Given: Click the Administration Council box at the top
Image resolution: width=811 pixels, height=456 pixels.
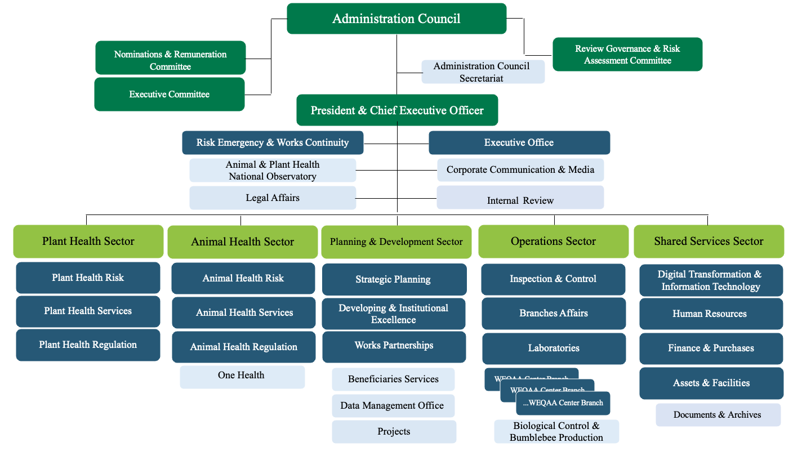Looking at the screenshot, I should point(396,19).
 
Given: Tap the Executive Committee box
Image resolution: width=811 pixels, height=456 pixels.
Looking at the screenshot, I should point(169,94).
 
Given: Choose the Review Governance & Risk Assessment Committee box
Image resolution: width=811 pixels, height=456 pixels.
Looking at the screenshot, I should point(627,55).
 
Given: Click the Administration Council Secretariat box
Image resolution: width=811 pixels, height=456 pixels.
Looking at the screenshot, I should point(483,72).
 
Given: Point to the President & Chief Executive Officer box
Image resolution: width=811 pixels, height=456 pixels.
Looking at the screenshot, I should point(397,110).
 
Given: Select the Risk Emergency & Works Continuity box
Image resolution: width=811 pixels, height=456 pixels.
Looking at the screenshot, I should point(273,142).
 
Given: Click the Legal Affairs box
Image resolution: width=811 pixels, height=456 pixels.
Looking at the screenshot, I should point(273,198).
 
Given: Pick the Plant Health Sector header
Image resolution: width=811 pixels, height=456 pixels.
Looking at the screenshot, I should point(88,242).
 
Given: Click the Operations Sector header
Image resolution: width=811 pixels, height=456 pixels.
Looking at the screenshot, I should point(553,242).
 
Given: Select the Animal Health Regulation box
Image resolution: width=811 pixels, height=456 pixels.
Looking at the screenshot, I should point(243,347).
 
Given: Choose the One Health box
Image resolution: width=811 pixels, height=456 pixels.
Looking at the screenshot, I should point(242,376).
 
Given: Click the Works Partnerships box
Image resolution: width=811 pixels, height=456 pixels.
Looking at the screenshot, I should point(394,346).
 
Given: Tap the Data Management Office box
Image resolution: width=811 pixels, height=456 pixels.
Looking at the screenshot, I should point(393,406).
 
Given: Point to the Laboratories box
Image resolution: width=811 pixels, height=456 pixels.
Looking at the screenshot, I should point(554,348).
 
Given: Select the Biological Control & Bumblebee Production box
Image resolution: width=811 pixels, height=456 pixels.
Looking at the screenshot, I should point(556,432).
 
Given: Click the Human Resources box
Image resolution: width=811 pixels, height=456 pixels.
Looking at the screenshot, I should point(710,314).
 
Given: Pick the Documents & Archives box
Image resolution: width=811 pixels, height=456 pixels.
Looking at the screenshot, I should point(718,415).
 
